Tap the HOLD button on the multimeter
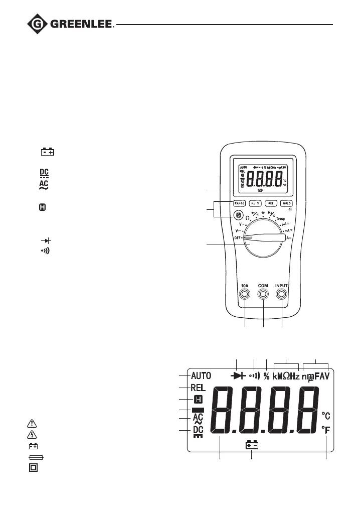click(x=286, y=203)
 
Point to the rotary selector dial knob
click(x=261, y=239)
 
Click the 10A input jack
click(x=245, y=295)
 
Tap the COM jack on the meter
click(x=263, y=295)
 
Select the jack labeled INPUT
click(x=282, y=295)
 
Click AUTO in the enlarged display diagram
click(x=201, y=375)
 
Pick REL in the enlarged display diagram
click(x=199, y=388)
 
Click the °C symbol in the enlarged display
click(x=326, y=416)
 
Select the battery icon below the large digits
click(x=252, y=445)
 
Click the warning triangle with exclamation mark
click(x=33, y=423)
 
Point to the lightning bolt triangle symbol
click(x=33, y=434)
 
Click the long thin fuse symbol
click(x=36, y=457)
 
